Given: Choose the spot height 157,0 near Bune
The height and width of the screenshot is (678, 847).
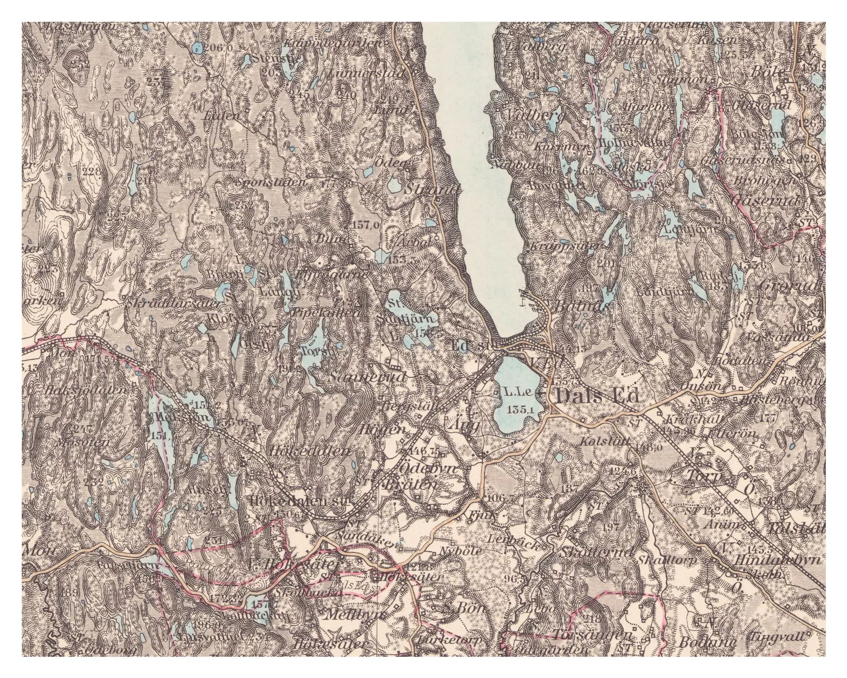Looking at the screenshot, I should coord(367,225).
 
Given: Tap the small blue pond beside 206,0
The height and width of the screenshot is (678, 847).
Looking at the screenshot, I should coord(198,48).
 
